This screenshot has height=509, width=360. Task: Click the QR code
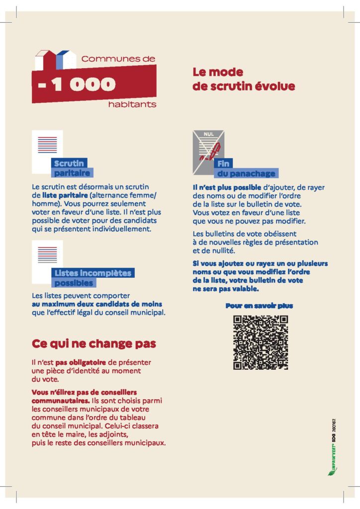[261, 342]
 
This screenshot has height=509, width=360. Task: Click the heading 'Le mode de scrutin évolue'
[244, 80]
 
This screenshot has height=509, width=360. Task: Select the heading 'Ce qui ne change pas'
[94, 343]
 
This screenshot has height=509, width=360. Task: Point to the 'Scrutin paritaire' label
[72, 168]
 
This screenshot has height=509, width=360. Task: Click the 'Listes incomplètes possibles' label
[92, 278]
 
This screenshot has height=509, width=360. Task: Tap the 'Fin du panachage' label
[245, 169]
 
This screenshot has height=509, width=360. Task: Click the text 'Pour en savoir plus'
[259, 306]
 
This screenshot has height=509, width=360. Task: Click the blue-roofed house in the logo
[66, 60]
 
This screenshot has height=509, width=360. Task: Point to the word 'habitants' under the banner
[132, 104]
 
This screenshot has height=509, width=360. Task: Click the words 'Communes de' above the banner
[118, 59]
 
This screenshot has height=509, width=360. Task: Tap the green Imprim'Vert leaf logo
[332, 471]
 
